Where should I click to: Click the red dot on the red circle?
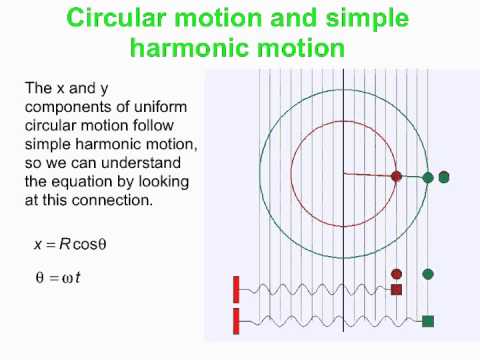tap(396, 176)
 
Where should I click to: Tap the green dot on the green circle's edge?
tap(428, 177)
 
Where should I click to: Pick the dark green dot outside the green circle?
tap(444, 177)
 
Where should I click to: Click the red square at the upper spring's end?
tap(396, 290)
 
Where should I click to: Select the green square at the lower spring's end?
tap(428, 321)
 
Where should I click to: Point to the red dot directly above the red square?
tap(396, 273)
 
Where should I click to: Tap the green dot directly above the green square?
tap(428, 273)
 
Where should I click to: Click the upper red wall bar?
tap(236, 289)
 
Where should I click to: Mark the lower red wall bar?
tap(236, 321)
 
